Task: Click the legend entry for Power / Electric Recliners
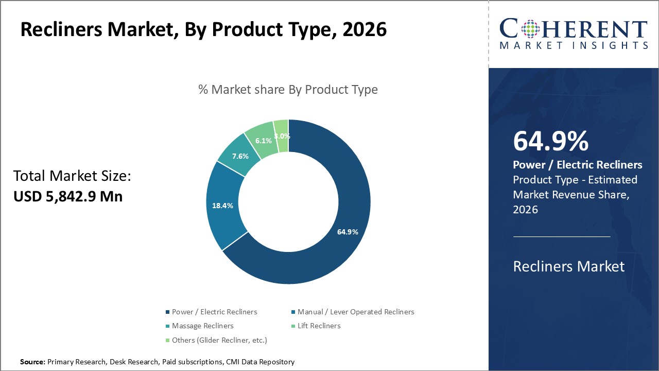tap(214, 312)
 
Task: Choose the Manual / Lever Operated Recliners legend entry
tap(356, 312)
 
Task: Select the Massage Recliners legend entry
tap(202, 326)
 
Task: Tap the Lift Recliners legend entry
tap(319, 326)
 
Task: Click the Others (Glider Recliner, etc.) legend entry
tap(219, 340)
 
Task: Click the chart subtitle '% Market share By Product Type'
tap(288, 90)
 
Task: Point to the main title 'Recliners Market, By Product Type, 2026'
tap(203, 30)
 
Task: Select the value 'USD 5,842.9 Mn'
tap(68, 196)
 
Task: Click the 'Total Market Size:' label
tap(72, 177)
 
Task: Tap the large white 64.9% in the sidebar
tap(550, 142)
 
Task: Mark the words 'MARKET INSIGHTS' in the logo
tap(574, 45)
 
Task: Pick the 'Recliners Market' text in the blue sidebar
tap(568, 266)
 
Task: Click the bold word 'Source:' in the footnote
tap(32, 362)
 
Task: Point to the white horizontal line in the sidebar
tap(562, 237)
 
